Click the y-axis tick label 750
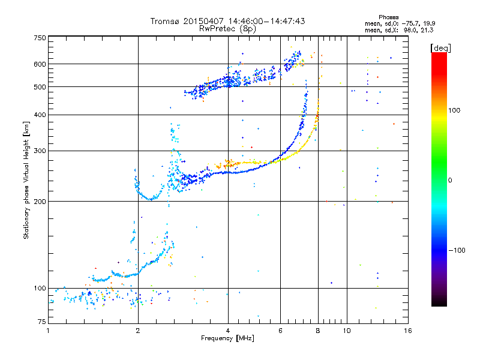click(40, 38)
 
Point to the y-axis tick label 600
click(40, 64)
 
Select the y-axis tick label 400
click(40, 115)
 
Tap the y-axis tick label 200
click(40, 202)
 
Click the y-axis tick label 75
click(42, 322)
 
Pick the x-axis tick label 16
click(408, 331)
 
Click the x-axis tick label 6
click(280, 331)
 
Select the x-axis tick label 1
click(48, 331)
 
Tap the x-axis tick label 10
click(347, 331)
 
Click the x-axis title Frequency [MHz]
click(227, 338)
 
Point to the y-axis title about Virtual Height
click(26, 180)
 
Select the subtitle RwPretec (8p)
click(227, 29)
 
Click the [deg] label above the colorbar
click(440, 48)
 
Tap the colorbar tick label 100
click(454, 110)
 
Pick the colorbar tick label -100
click(457, 250)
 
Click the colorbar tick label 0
click(450, 181)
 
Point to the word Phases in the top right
click(388, 17)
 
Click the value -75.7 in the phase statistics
click(410, 23)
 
